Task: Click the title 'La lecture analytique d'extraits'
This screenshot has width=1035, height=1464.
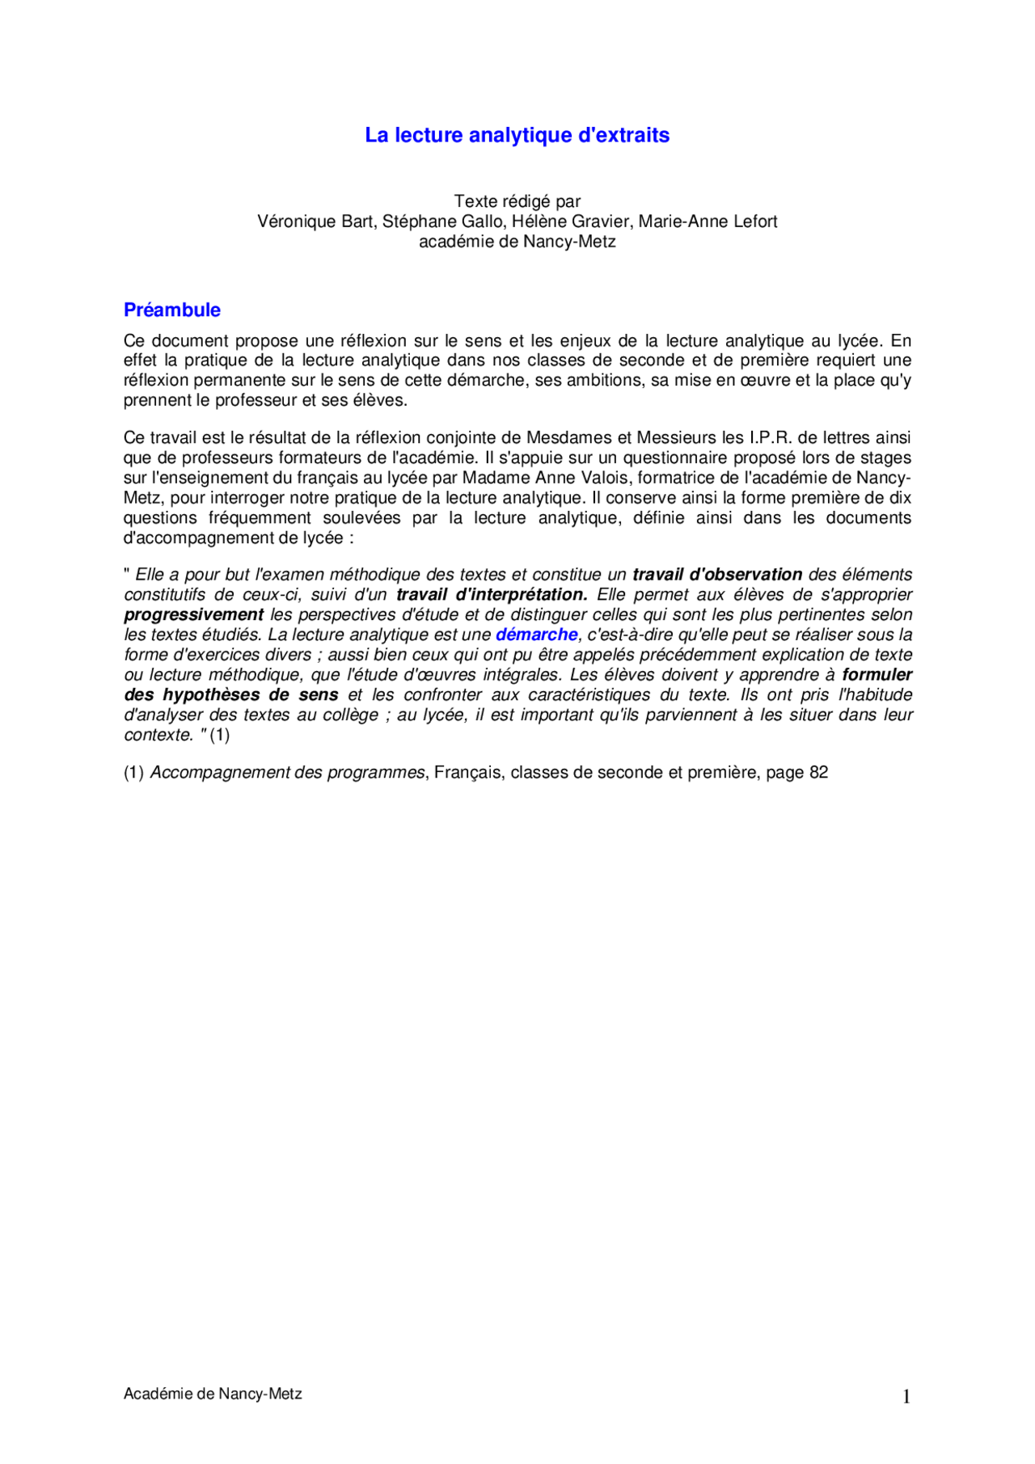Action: (x=517, y=135)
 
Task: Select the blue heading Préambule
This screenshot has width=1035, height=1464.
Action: (x=172, y=310)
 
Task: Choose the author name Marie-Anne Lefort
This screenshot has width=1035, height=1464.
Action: (x=708, y=221)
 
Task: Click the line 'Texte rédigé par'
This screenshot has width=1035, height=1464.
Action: (x=517, y=201)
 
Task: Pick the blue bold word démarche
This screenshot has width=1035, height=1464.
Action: (x=536, y=635)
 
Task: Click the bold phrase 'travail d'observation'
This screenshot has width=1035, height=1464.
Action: (x=717, y=575)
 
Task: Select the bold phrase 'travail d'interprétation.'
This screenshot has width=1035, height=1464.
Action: (x=492, y=595)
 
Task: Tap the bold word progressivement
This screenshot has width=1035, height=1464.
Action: (x=193, y=615)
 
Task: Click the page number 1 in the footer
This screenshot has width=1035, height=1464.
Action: (x=906, y=1397)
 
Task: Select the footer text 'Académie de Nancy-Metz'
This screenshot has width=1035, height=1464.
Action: (x=213, y=1394)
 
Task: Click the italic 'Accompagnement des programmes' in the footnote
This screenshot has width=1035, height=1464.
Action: (x=287, y=773)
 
